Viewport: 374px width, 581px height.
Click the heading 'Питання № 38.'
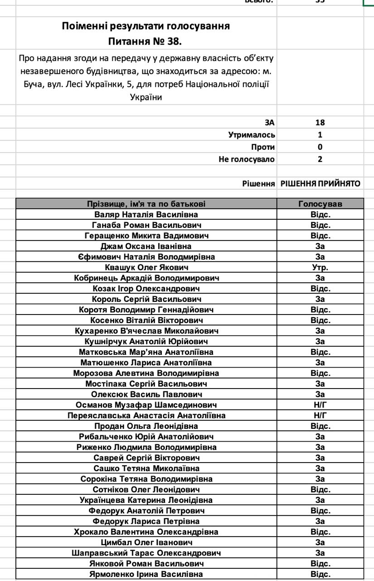pos(146,42)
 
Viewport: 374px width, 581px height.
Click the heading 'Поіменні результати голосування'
pos(146,26)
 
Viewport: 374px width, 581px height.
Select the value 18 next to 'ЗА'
pos(320,123)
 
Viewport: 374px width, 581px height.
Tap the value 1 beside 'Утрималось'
pos(320,135)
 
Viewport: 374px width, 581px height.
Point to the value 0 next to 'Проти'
pos(320,147)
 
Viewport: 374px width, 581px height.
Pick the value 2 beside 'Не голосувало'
pos(320,159)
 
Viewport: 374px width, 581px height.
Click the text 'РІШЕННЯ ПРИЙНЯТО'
pos(320,184)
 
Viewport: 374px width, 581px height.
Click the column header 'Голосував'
pos(320,204)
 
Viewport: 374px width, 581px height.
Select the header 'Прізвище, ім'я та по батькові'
pos(146,204)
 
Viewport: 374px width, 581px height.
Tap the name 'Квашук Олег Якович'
pos(146,267)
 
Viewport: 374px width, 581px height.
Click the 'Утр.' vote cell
pos(320,267)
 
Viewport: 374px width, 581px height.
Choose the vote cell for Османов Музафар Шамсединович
pos(320,405)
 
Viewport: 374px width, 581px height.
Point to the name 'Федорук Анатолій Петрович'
pos(146,511)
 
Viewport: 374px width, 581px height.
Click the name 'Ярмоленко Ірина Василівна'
pos(146,574)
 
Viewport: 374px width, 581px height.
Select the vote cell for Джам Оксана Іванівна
pos(320,246)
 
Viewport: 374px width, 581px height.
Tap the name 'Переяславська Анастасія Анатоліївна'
pos(146,415)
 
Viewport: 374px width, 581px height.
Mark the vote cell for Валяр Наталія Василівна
pos(320,215)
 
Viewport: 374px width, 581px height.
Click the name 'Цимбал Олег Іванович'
pos(146,542)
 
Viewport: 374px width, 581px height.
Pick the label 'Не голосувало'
pos(247,159)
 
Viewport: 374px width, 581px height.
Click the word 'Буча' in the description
pos(32,84)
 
